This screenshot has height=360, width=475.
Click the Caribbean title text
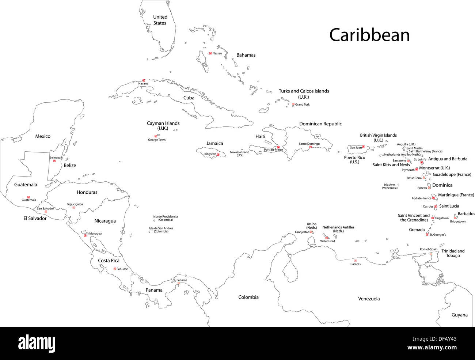(x=369, y=35)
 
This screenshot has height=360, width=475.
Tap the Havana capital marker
(x=144, y=80)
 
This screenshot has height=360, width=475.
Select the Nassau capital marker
(x=210, y=53)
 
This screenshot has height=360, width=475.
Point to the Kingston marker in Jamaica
(x=218, y=154)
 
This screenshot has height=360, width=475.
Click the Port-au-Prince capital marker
(x=278, y=147)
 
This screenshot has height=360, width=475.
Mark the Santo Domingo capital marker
(x=310, y=147)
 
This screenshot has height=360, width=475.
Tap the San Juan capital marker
(x=363, y=147)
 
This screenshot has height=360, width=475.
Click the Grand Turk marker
(x=293, y=104)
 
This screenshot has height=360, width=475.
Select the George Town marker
(x=156, y=136)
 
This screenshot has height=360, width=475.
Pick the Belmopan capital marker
(x=54, y=161)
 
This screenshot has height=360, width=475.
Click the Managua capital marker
(x=85, y=235)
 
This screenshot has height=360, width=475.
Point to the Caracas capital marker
(x=355, y=261)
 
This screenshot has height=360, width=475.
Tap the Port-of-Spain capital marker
(x=430, y=254)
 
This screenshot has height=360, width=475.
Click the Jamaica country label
(x=214, y=144)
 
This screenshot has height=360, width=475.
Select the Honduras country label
(x=87, y=192)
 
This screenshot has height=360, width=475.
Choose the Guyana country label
(x=459, y=315)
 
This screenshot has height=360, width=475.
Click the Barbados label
(x=466, y=214)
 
